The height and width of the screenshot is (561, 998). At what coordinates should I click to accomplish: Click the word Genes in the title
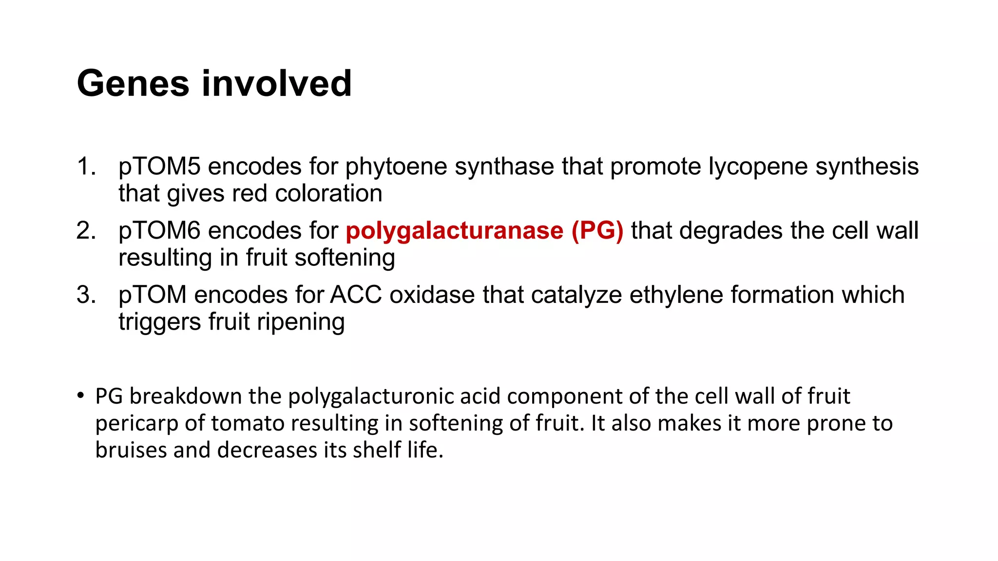133,84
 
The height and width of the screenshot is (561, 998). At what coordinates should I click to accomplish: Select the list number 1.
86,167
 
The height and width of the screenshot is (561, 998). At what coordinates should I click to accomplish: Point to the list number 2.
86,231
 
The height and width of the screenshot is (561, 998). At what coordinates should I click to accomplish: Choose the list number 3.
86,295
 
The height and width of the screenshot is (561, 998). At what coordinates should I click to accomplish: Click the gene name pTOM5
159,167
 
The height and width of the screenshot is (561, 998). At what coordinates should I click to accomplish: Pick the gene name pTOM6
159,231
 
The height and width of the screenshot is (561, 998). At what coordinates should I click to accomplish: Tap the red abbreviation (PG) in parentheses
597,231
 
